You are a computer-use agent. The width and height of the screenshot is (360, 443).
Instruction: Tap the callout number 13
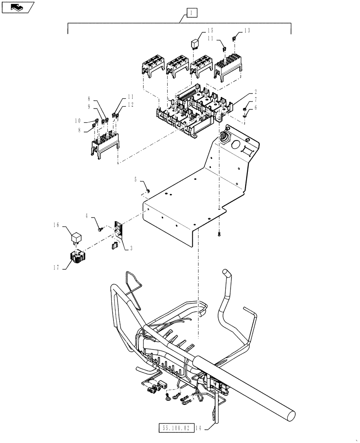[x=247, y=30]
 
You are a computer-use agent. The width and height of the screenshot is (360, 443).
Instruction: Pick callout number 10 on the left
[x=78, y=120]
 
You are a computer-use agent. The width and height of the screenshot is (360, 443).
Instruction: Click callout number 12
[x=130, y=105]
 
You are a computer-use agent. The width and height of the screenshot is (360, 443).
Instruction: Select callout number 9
[x=89, y=106]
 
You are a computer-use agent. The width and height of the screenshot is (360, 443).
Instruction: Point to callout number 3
[x=131, y=249]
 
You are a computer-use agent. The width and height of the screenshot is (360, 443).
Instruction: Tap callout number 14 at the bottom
[x=198, y=428]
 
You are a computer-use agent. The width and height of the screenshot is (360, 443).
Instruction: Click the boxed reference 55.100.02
[x=176, y=428]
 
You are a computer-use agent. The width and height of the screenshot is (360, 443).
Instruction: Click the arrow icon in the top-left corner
[x=18, y=7]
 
